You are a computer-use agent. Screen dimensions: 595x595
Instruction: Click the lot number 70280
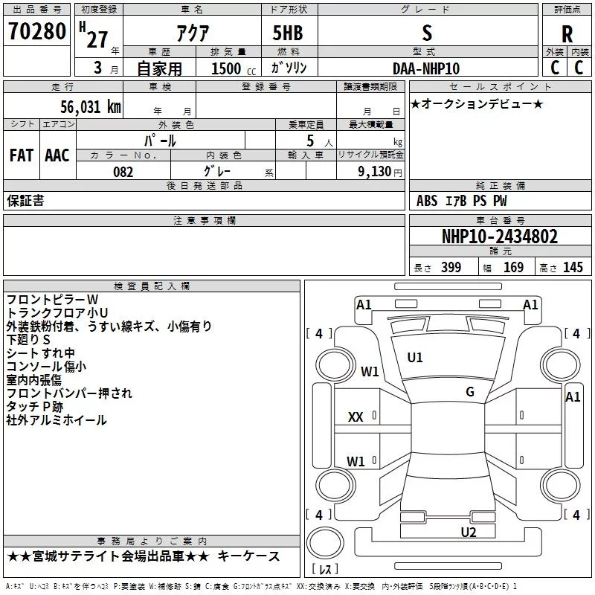pos(37,31)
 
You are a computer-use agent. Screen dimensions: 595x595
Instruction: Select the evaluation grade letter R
pos(567,34)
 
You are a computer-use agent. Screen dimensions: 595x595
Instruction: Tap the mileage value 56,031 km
pos(91,107)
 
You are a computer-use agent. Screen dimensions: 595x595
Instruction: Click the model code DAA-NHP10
pos(426,68)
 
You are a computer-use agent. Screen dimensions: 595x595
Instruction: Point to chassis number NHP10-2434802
pos(500,237)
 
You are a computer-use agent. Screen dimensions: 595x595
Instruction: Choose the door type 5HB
pos(288,33)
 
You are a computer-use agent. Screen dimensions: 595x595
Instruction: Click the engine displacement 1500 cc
pos(234,68)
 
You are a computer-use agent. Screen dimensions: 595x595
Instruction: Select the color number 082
pos(123,172)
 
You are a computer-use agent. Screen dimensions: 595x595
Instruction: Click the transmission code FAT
pos(22,155)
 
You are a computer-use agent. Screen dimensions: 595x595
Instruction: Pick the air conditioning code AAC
pos(57,155)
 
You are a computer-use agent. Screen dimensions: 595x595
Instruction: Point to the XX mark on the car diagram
pos(356,417)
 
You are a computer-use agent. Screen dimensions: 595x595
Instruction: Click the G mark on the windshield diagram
pos(470,392)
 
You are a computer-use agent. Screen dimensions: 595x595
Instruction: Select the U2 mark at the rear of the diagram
pos(469,533)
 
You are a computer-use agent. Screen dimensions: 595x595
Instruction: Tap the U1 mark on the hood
pos(415,358)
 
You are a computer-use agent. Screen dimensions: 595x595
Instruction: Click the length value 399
pos(451,267)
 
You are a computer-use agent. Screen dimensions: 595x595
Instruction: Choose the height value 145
pos(573,267)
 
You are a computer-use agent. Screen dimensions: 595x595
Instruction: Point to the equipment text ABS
pos(427,201)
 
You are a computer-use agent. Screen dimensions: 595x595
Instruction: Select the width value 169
pos(513,267)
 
